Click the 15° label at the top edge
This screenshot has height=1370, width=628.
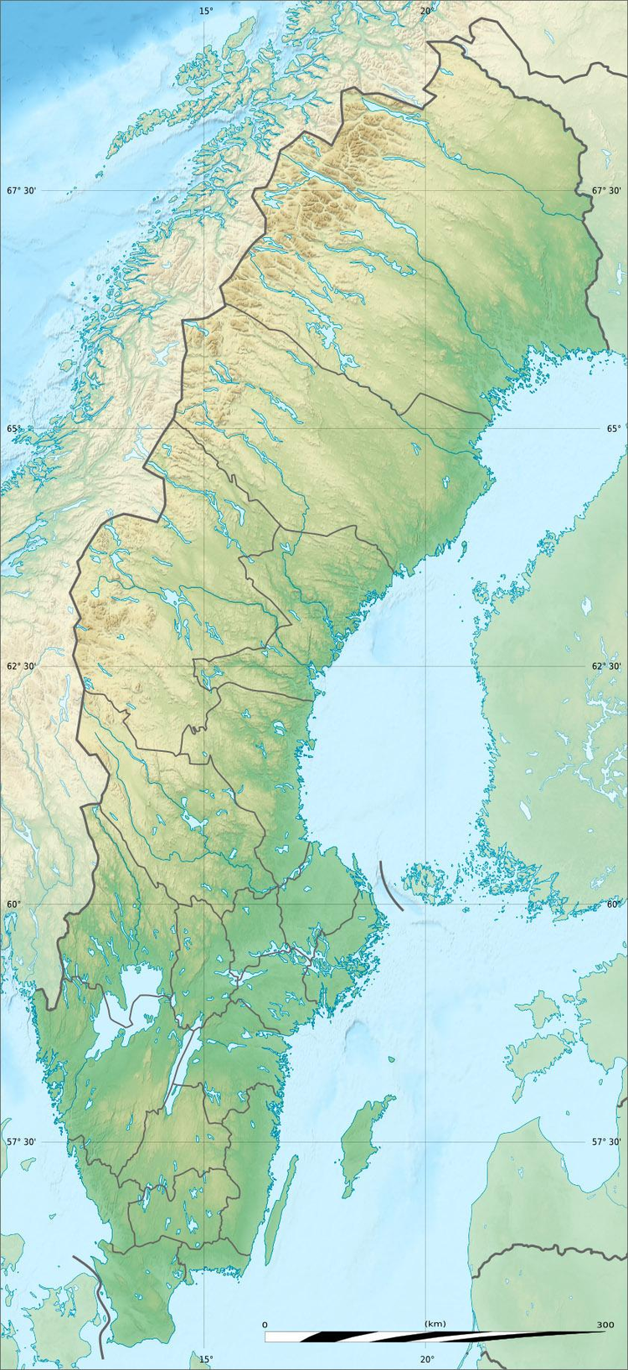[206, 11]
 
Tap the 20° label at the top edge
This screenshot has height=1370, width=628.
[427, 11]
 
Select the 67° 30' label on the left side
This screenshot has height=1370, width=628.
[22, 191]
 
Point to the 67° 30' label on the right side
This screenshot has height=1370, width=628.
[606, 191]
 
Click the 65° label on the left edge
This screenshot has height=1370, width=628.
[14, 429]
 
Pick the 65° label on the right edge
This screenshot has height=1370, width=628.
[614, 429]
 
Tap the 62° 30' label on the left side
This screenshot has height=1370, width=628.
[22, 667]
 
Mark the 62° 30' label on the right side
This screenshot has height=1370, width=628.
[606, 667]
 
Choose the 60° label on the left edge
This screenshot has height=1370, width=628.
[14, 904]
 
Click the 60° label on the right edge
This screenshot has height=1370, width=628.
[614, 904]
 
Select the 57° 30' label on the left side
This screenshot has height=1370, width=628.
[22, 1142]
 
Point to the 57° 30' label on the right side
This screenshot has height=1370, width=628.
[606, 1142]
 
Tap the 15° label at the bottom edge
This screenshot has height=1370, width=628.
[206, 1359]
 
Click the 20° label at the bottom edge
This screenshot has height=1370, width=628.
[427, 1359]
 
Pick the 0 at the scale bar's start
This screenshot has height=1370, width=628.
[265, 1324]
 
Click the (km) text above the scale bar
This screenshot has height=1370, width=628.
[435, 1324]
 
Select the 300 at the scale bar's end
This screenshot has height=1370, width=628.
[605, 1324]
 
